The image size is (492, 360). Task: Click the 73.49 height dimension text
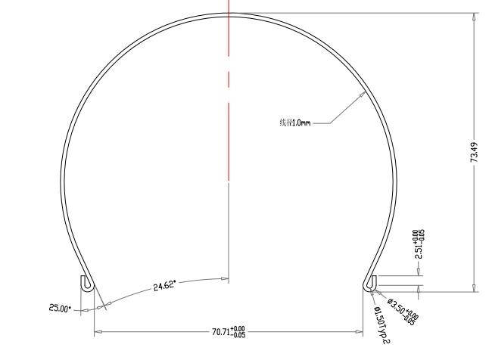coord(475,152)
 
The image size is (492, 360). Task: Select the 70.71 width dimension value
coord(222,331)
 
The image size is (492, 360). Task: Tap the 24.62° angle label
coord(164,285)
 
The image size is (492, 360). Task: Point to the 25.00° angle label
coord(60,309)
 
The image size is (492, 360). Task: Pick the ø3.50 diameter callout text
coord(401,307)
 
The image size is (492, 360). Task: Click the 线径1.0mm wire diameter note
coord(295,122)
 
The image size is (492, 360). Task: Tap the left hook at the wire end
coord(86,283)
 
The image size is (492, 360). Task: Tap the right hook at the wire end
coord(370,283)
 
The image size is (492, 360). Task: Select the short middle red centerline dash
coord(229,79)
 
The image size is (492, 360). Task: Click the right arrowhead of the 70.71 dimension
coord(361,331)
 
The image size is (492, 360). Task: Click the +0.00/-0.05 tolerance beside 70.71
coord(239,331)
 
